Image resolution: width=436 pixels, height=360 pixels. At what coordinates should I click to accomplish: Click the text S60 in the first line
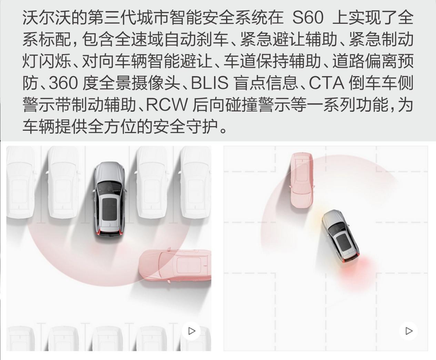[x=308, y=18]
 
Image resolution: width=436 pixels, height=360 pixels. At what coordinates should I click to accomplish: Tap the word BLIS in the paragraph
[x=210, y=83]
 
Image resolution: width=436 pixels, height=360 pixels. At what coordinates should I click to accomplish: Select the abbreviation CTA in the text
[x=326, y=83]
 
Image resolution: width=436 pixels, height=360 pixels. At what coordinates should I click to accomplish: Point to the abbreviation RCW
[x=166, y=105]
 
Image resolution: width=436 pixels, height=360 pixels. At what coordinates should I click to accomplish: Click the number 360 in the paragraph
[x=63, y=83]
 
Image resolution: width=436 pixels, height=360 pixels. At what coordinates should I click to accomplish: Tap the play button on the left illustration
[x=191, y=331]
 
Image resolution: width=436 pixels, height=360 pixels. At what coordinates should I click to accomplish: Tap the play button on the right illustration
[x=408, y=331]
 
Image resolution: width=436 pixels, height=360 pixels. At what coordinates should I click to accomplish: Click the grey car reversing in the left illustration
[x=109, y=200]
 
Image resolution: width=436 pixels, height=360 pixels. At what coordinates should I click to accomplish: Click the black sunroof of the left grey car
[x=109, y=209]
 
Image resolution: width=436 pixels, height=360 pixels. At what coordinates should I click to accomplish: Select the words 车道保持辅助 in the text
[x=272, y=61]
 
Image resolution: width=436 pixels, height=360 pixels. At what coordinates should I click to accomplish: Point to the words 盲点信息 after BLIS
[x=266, y=83]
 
